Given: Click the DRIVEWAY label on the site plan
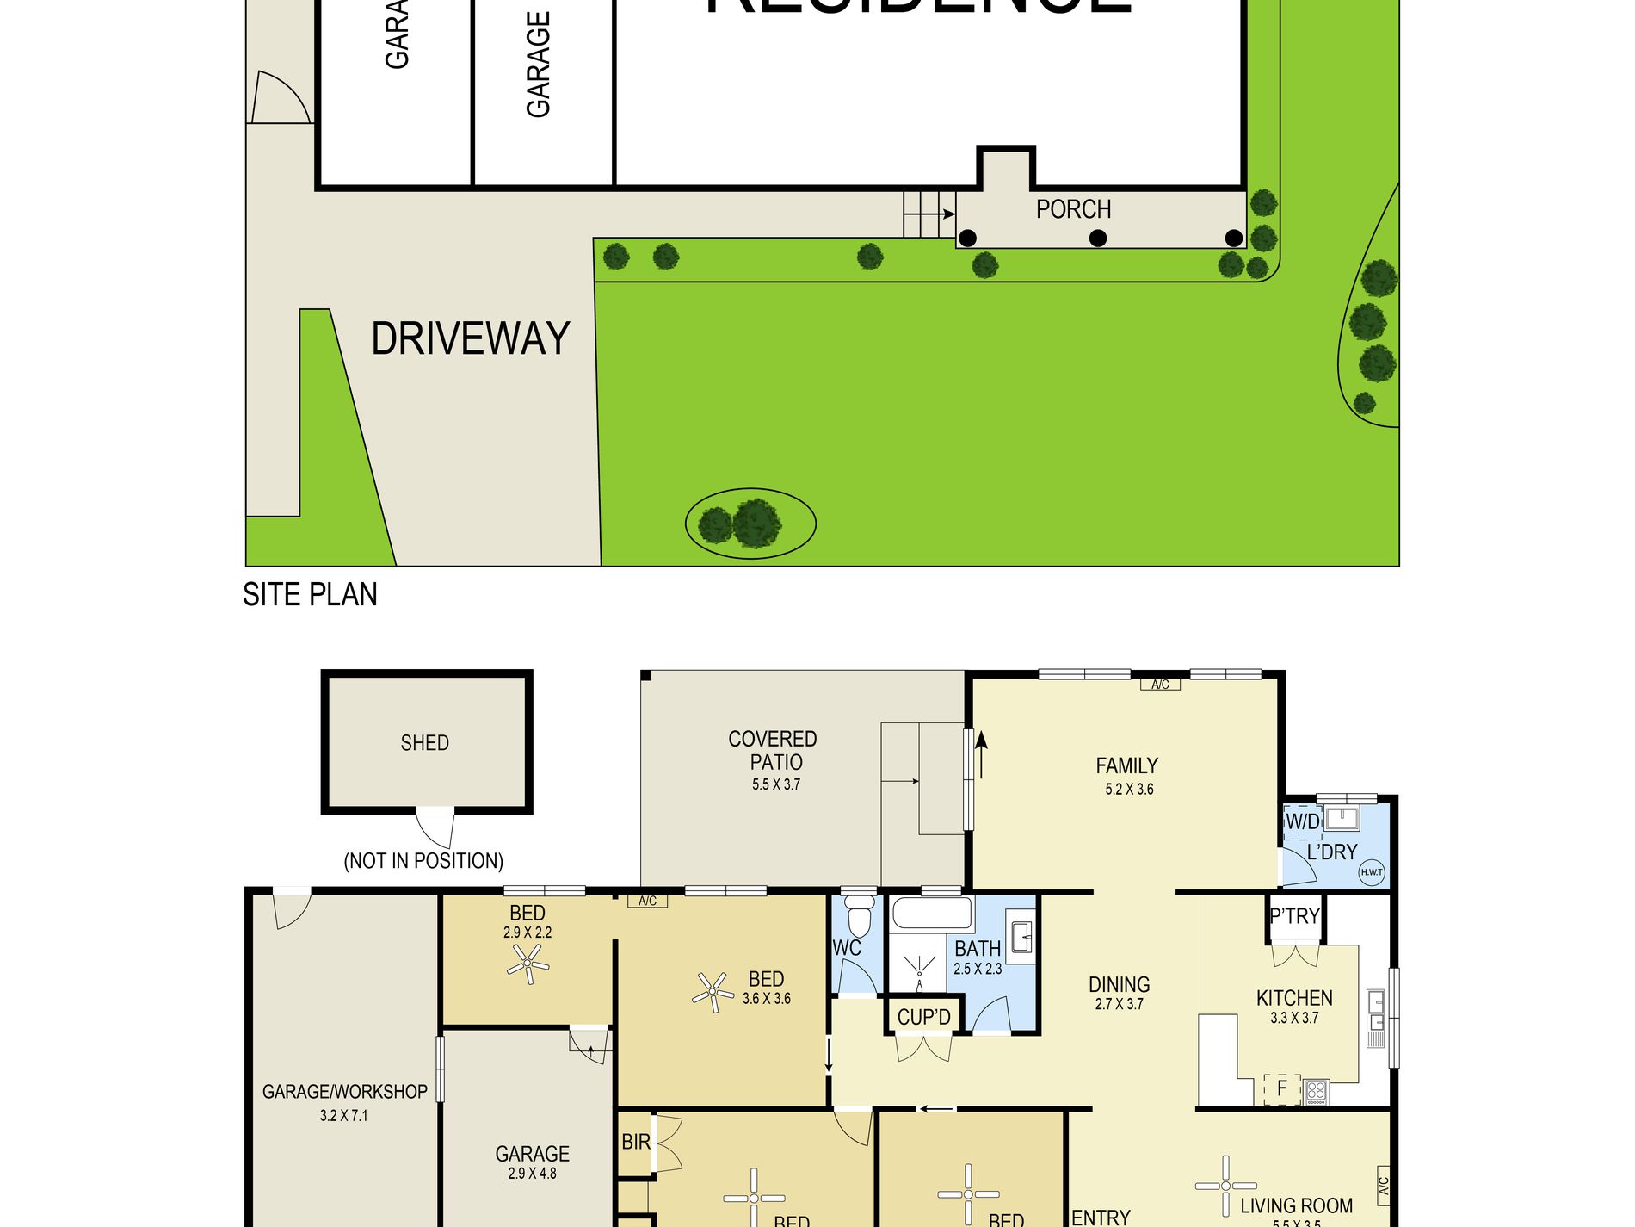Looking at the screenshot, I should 471,338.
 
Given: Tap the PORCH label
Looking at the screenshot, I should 1073,209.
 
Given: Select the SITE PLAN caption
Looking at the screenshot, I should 310,595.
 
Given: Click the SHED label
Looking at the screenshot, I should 425,743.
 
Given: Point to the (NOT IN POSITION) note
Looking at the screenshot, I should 423,861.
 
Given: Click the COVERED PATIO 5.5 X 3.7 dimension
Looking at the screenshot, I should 776,785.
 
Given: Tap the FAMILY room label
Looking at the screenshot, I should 1126,765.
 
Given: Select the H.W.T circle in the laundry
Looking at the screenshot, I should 1372,872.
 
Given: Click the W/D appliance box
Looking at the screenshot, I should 1302,822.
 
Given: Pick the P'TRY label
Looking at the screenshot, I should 1294,916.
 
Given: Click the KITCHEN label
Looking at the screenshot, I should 1294,998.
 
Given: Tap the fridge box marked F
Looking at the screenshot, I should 1281,1089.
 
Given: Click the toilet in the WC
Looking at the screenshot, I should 859,914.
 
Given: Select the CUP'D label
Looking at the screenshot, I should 923,1018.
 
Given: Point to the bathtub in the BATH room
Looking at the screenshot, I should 932,914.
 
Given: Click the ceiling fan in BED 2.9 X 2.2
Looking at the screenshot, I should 528,964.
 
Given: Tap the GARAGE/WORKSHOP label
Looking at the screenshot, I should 344,1092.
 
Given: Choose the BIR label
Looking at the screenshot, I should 636,1142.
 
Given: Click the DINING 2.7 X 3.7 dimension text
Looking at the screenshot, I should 1119,1005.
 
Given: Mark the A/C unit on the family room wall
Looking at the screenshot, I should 1160,685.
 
